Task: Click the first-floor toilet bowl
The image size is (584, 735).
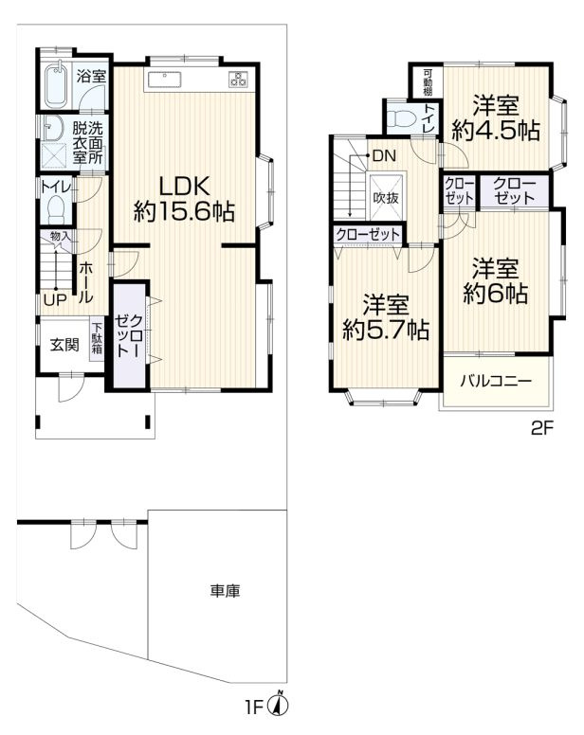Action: (55, 207)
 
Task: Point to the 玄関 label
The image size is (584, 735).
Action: (64, 344)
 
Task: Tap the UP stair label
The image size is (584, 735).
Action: (53, 300)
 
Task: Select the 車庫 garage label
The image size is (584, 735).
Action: (225, 592)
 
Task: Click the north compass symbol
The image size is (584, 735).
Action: (281, 704)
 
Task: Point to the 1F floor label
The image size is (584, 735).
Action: (254, 706)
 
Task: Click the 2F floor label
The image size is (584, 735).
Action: (541, 428)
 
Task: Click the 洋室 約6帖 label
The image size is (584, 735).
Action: (495, 280)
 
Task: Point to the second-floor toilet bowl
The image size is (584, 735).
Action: (404, 118)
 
